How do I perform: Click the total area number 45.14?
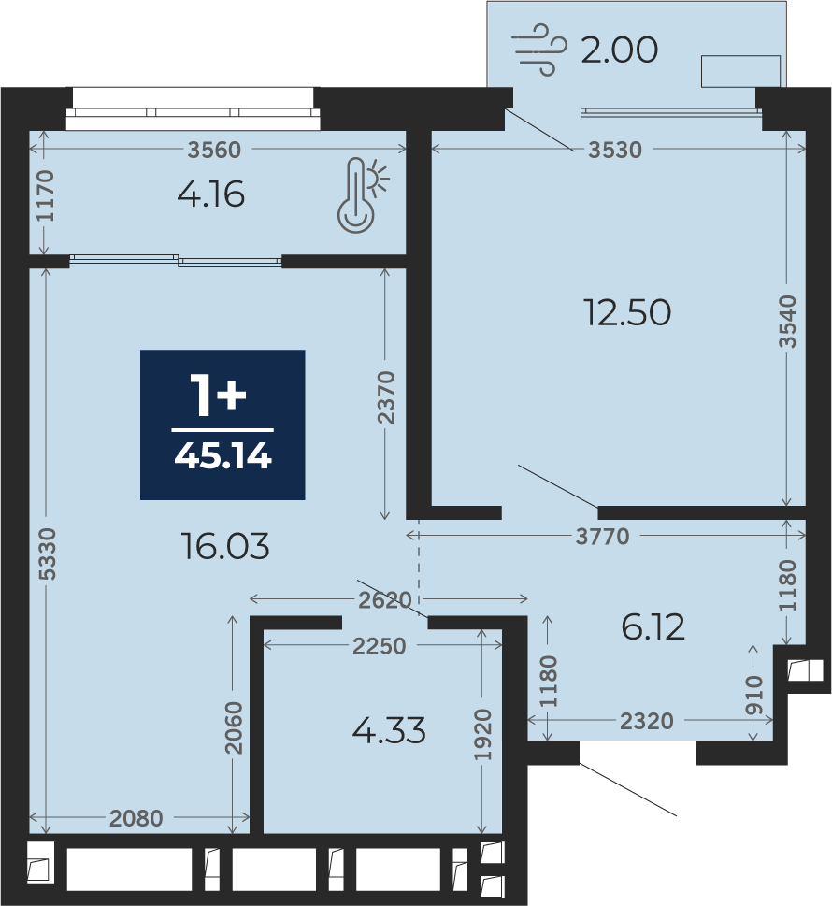point(222,456)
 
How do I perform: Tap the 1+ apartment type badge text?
point(219,395)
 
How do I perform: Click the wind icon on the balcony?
point(539,50)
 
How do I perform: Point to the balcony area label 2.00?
point(619,50)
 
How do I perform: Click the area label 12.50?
point(627,312)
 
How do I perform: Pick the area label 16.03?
point(225,547)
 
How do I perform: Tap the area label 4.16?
point(211,194)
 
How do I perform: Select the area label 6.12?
point(653,627)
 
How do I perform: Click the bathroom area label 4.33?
point(389,730)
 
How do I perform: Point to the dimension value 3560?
point(214,151)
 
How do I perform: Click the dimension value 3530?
point(615,151)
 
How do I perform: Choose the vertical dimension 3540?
point(787,322)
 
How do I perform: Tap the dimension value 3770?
point(603,537)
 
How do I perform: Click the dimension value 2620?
point(385,600)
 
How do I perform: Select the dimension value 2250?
point(379,646)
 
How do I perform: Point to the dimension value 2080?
point(136,818)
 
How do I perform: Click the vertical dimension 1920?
point(481,734)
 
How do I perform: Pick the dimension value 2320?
point(647,721)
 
